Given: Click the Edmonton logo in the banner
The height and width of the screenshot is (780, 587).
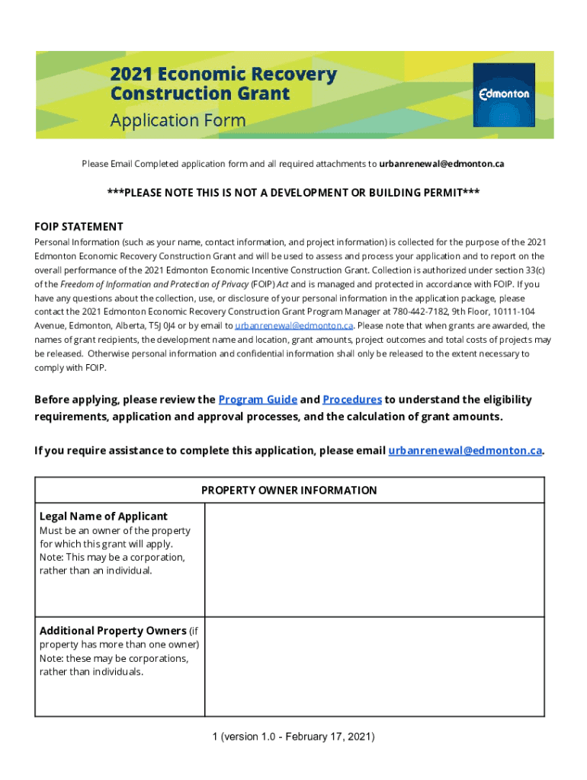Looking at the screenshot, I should pos(504,94).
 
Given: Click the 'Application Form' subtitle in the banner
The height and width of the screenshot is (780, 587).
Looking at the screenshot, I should pos(178,120).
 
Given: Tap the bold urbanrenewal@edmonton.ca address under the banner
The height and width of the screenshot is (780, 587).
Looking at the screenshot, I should pos(442,164).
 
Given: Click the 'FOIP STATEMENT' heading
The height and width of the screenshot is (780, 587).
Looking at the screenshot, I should pos(79,226).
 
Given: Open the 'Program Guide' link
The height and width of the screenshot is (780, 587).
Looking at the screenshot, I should pos(258,400).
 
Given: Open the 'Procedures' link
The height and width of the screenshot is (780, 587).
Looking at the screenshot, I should pos(352,400).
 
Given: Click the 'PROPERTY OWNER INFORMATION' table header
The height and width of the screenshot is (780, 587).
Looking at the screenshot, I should pos(289,491).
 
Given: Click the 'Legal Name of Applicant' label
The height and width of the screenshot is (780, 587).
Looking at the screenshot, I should pos(104,516).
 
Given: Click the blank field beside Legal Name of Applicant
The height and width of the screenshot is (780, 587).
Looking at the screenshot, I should pos(374,560).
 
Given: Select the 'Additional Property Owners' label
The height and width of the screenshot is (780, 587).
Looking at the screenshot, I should pos(113,631).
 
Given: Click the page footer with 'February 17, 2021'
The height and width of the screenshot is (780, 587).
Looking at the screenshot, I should pos(293,737).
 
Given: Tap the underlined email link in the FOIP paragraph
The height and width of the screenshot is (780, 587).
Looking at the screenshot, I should pos(293,325).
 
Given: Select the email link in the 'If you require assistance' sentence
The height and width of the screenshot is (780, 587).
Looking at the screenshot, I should pos(465,450).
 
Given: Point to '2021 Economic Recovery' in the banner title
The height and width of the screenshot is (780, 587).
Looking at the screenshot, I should pos(223,75).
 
